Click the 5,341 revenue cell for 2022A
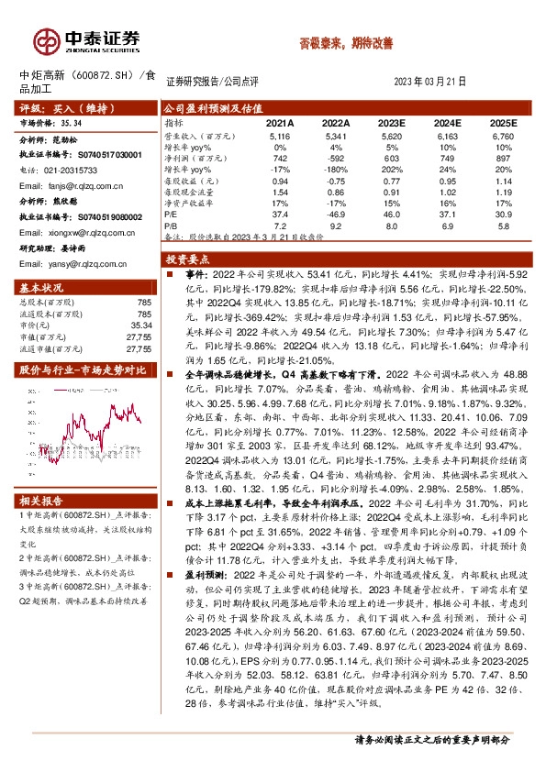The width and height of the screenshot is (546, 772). [336, 135]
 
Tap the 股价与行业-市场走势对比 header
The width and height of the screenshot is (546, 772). [71, 370]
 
